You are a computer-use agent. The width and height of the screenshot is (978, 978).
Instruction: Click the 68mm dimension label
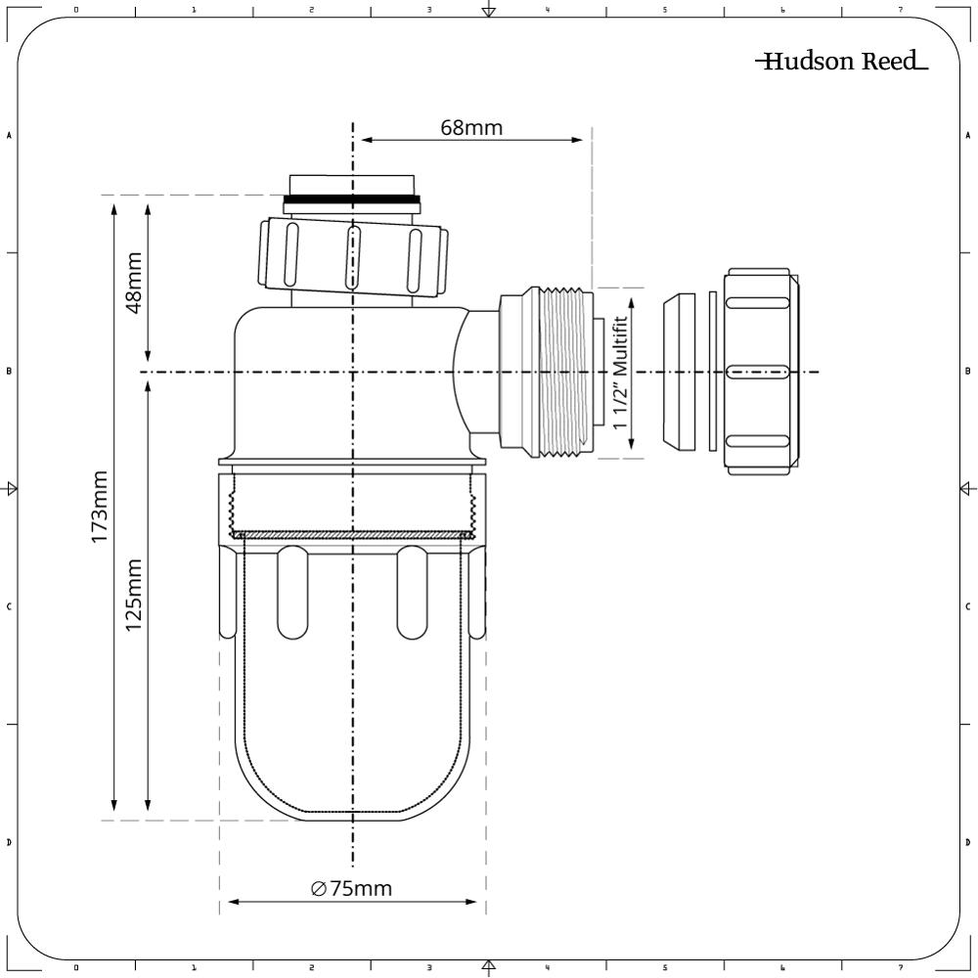[x=470, y=127]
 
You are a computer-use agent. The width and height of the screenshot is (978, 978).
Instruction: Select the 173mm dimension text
[x=101, y=509]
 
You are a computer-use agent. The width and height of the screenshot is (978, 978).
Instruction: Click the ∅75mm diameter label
[x=351, y=888]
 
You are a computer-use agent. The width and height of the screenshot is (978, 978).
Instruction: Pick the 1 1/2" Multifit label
[x=618, y=374]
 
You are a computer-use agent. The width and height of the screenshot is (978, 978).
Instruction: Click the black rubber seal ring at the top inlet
[x=351, y=200]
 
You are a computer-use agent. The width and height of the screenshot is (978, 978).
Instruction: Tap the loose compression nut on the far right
[x=759, y=372]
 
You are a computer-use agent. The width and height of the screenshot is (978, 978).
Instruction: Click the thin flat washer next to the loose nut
[x=713, y=372]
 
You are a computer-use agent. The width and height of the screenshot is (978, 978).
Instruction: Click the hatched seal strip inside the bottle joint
[x=351, y=535]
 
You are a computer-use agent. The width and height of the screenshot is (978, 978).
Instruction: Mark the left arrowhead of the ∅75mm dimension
[x=233, y=902]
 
